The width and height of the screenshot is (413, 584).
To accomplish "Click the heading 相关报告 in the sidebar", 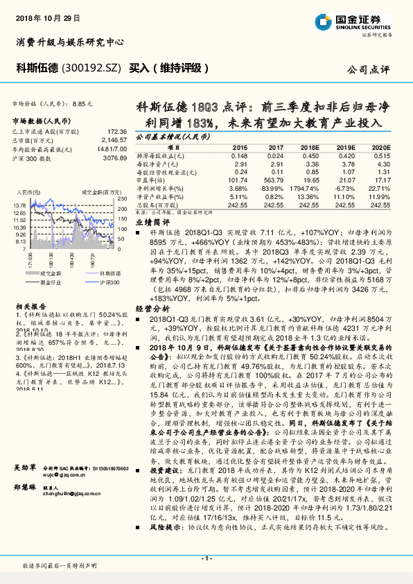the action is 28,305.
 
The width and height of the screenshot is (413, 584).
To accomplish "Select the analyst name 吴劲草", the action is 26,467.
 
